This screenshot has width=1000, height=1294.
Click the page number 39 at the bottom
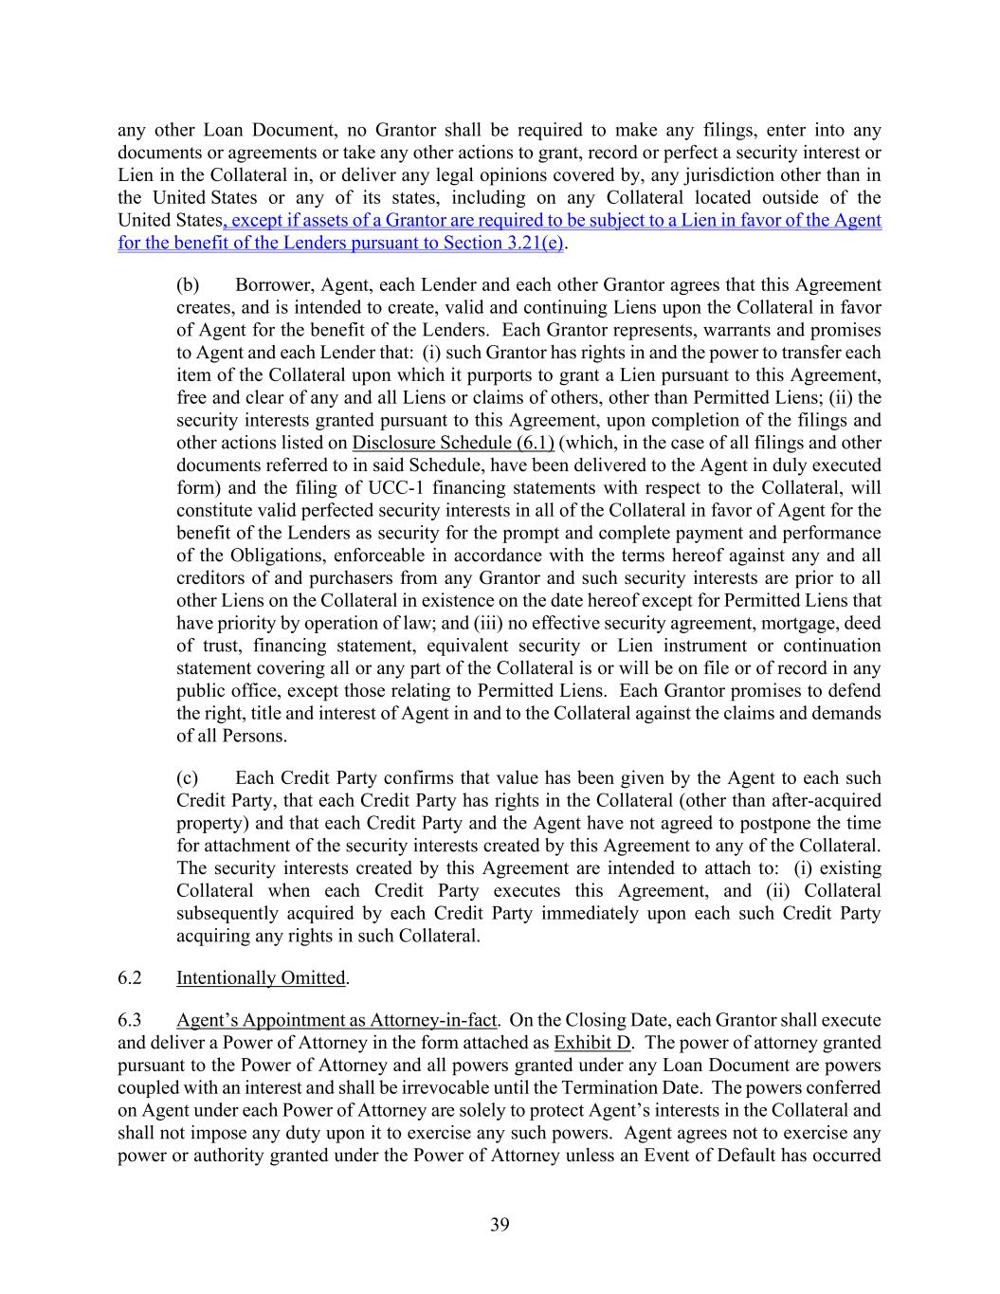click(x=500, y=1225)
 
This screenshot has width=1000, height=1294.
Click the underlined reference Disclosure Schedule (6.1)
click(x=453, y=443)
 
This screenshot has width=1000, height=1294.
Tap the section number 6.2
click(x=130, y=977)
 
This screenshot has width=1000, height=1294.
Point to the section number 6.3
click(x=130, y=1020)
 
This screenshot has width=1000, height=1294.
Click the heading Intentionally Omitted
click(x=261, y=977)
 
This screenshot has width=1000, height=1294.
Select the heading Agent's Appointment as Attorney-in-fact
click(x=336, y=1020)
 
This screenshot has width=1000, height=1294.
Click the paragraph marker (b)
click(x=189, y=285)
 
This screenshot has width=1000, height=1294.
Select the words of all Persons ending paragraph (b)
click(x=232, y=736)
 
